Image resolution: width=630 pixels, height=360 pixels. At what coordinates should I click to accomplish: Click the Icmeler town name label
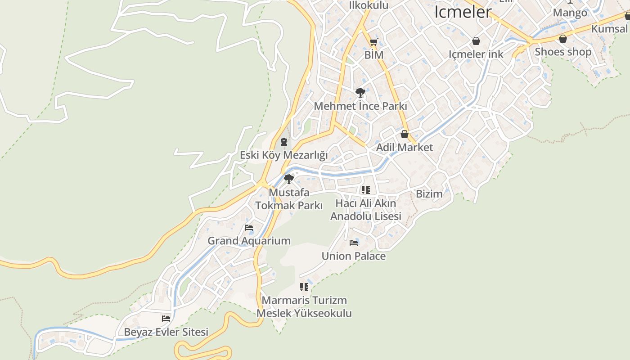tap(463, 12)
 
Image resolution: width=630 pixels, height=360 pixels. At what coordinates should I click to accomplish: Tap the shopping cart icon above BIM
tap(373, 43)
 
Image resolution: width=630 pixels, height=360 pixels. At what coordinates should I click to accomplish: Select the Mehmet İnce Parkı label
tap(360, 107)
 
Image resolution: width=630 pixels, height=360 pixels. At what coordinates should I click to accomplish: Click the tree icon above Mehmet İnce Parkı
tap(360, 93)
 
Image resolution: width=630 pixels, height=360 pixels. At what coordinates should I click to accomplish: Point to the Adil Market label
tap(404, 147)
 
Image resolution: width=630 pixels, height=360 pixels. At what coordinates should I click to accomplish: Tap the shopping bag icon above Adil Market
tap(404, 134)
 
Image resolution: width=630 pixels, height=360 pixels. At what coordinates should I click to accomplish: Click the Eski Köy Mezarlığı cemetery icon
tap(283, 142)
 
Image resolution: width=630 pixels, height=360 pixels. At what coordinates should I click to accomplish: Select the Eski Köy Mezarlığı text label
tap(283, 155)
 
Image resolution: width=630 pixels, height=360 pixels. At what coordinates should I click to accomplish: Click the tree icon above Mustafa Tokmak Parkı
tap(289, 179)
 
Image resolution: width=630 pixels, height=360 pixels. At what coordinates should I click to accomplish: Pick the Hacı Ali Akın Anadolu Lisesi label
tap(365, 210)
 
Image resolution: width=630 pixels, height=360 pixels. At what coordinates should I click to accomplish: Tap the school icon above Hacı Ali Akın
tap(366, 190)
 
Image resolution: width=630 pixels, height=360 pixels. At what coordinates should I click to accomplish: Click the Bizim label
tap(429, 194)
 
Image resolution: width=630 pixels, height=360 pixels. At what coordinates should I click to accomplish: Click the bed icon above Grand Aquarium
tap(249, 228)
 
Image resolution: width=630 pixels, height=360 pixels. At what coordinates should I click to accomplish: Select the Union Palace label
tap(353, 256)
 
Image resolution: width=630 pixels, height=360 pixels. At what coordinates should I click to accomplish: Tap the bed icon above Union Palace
tap(354, 243)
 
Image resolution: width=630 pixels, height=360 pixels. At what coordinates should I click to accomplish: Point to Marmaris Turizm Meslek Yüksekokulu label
tap(304, 306)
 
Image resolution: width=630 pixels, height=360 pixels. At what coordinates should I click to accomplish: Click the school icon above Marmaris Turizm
tap(304, 287)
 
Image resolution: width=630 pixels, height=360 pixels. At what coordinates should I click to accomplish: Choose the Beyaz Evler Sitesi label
tap(166, 332)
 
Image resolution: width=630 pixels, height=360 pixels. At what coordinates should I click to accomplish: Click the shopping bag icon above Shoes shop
tap(562, 39)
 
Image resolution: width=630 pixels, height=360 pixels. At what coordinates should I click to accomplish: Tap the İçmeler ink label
tap(476, 54)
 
